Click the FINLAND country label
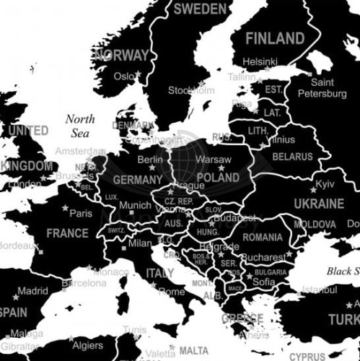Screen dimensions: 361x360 tap(275, 38)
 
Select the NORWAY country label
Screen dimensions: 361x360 tap(121, 55)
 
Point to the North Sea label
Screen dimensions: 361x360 tap(80, 126)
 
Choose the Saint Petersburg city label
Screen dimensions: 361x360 tap(322, 88)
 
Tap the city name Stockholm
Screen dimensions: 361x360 tap(191, 90)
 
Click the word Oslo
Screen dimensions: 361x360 tap(124, 76)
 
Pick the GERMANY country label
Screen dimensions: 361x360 tap(138, 180)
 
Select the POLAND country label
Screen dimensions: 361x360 tap(217, 177)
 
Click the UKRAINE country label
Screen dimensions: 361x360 tap(318, 204)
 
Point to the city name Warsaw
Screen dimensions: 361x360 tap(214, 159)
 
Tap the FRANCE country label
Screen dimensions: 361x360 tap(67, 233)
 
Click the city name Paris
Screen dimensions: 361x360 tap(81, 213)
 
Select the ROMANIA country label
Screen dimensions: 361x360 tap(263, 237)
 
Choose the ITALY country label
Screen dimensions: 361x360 tap(160, 274)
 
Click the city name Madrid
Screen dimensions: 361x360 tap(32, 292)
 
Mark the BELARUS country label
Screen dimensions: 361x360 tap(292, 156)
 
